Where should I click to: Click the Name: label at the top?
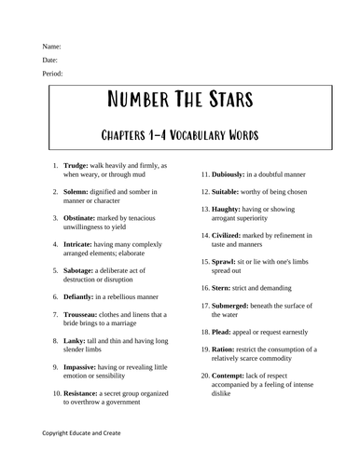pos(51,46)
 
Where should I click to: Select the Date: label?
pos(50,60)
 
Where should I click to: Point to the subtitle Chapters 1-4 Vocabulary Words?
pos(179,135)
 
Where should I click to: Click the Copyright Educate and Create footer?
pos(80,433)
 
